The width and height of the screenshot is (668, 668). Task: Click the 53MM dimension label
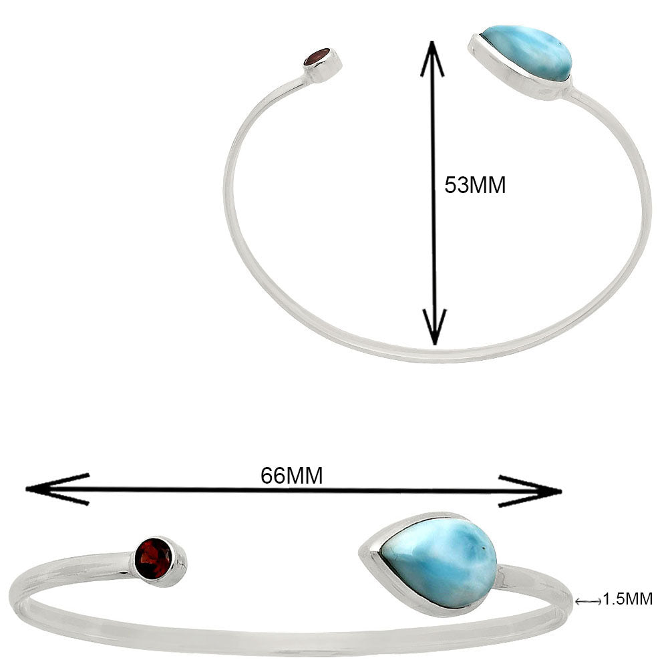click(x=475, y=185)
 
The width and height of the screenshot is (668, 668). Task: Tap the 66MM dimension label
click(x=292, y=476)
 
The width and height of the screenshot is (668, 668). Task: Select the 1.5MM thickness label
click(x=628, y=599)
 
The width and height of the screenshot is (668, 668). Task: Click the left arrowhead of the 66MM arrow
click(x=57, y=489)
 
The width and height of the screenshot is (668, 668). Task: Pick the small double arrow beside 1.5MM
click(x=588, y=601)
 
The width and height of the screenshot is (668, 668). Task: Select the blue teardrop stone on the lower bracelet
click(x=439, y=562)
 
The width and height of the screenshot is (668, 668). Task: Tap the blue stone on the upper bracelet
click(x=526, y=53)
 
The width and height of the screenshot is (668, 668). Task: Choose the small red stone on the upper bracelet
click(x=317, y=57)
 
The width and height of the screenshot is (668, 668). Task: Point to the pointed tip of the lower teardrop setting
click(x=360, y=549)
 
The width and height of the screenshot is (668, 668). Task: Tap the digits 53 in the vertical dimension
click(x=456, y=185)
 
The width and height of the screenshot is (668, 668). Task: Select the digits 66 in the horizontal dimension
click(x=273, y=476)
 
